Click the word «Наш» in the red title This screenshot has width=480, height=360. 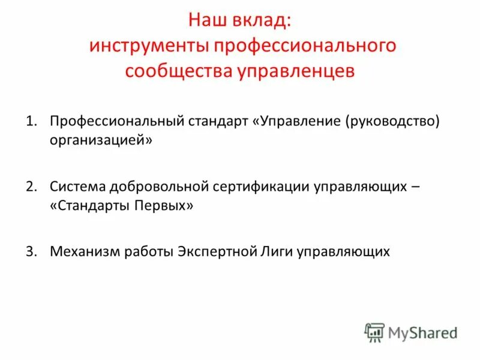click(x=206, y=21)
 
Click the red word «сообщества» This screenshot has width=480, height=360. click(x=167, y=71)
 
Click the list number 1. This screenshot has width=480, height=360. click(x=30, y=121)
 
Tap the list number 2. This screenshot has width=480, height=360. click(x=30, y=186)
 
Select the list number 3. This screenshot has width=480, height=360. click(x=30, y=251)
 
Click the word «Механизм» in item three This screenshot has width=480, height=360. click(x=85, y=251)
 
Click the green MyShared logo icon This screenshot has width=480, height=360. click(x=374, y=332)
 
